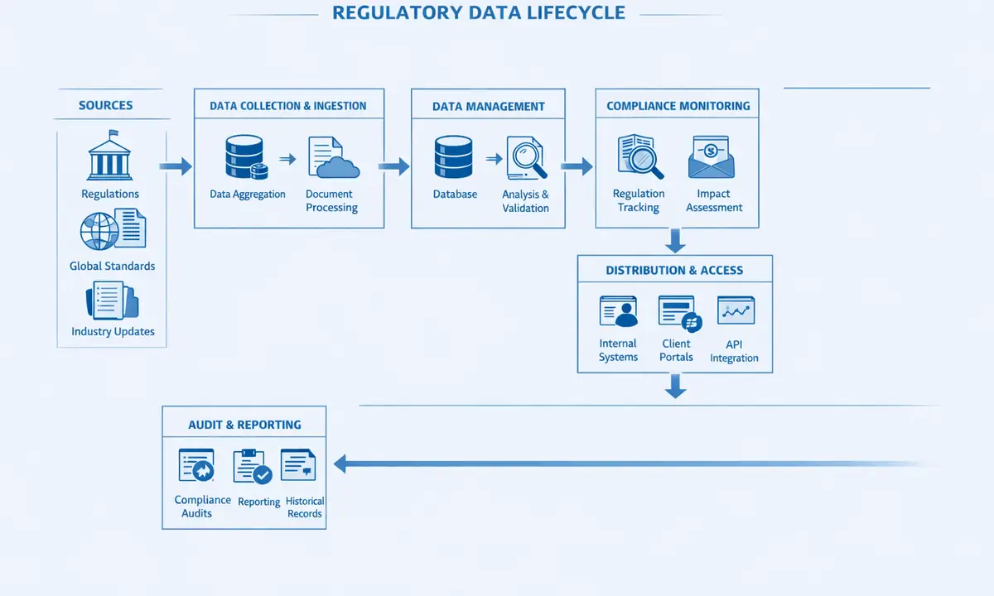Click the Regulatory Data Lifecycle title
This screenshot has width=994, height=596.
(x=479, y=13)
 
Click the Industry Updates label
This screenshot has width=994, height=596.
(x=113, y=332)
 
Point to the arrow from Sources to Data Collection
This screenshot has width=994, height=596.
(x=175, y=167)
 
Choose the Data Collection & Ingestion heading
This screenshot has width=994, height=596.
(x=288, y=106)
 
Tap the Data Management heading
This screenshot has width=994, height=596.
(x=489, y=106)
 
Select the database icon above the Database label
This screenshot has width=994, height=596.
(x=453, y=157)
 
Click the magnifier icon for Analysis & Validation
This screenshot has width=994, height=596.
(x=527, y=158)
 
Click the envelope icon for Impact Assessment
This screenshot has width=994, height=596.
(x=711, y=157)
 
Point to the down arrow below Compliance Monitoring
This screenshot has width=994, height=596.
(x=676, y=241)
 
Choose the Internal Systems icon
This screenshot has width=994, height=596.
(x=618, y=312)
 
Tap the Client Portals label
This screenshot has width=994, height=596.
(x=676, y=350)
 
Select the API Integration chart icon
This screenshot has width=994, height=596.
(x=735, y=311)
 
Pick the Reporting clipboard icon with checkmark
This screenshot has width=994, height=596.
(x=252, y=467)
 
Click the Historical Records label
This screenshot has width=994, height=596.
(x=305, y=507)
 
